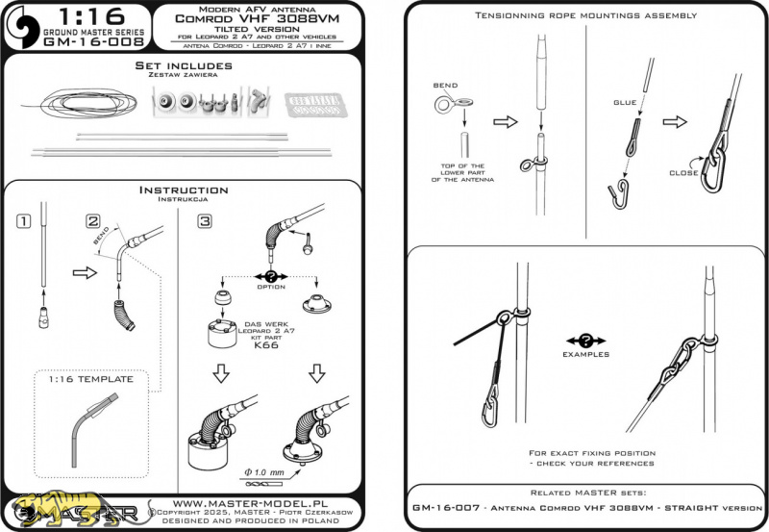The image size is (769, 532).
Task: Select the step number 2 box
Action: pyautogui.click(x=92, y=222)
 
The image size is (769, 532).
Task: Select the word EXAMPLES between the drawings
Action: pyautogui.click(x=586, y=354)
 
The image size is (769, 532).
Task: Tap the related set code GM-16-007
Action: pyautogui.click(x=455, y=505)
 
